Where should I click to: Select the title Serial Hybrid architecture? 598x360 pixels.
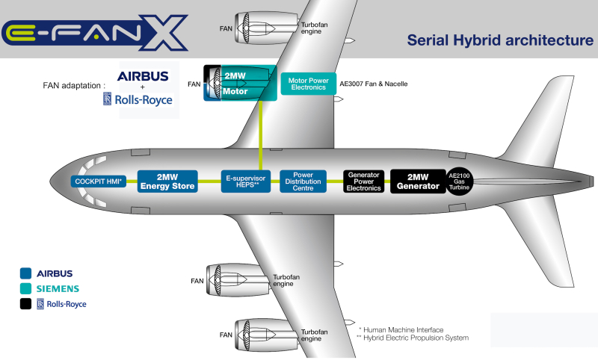click(499, 40)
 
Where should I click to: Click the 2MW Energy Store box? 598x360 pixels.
click(167, 181)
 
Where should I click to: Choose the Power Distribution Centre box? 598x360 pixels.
click(303, 181)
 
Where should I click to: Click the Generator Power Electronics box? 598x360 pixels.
click(364, 181)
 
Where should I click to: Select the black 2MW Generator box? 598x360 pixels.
click(417, 181)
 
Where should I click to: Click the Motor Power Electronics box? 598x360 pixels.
click(308, 84)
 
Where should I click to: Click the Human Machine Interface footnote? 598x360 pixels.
click(401, 329)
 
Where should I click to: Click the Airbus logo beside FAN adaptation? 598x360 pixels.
click(143, 76)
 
